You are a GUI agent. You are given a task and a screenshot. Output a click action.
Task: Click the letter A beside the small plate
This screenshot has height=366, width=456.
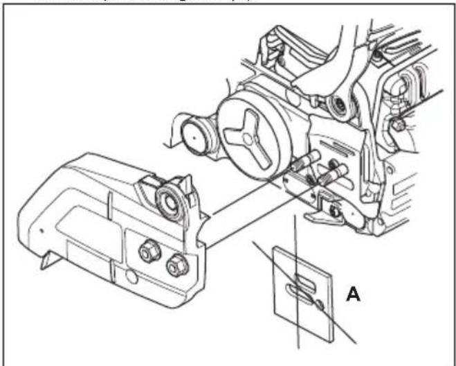[353, 295]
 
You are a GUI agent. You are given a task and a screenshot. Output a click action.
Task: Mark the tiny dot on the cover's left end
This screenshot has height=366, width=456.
[42, 228]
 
